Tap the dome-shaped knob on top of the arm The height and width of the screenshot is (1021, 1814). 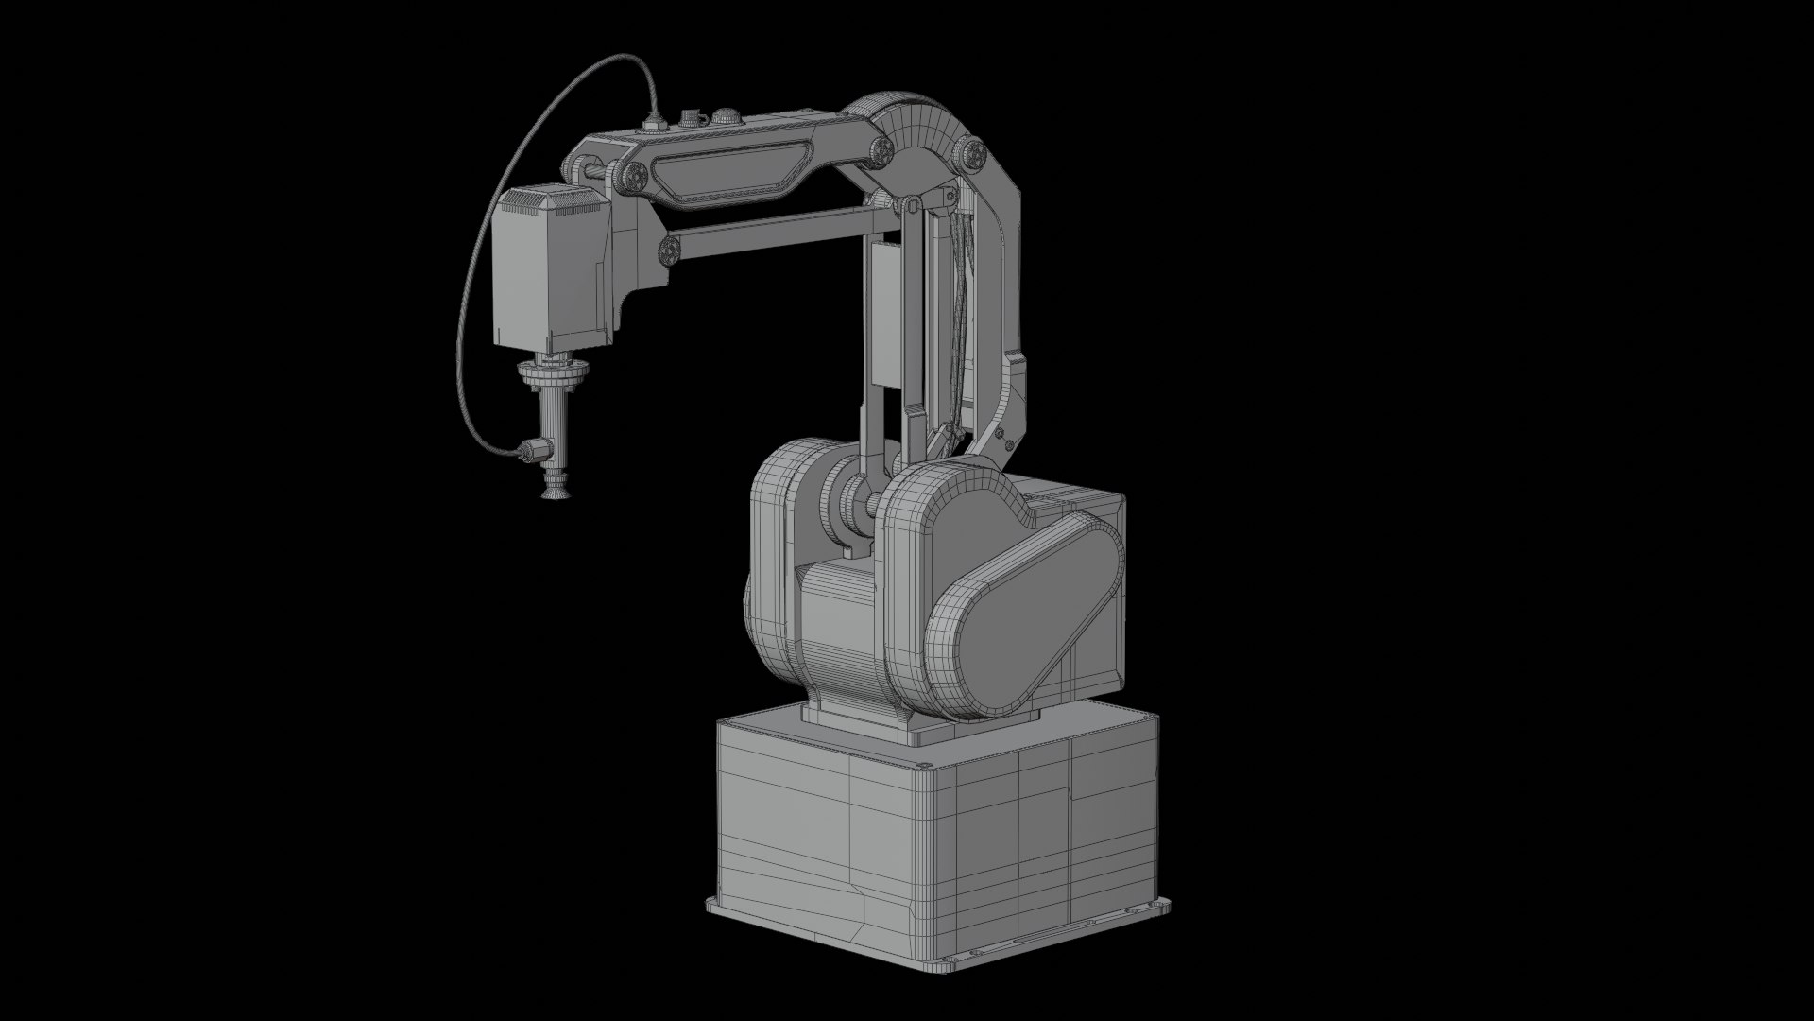725,117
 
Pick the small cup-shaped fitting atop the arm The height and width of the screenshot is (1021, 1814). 693,118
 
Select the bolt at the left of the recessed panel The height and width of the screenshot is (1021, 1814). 634,175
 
